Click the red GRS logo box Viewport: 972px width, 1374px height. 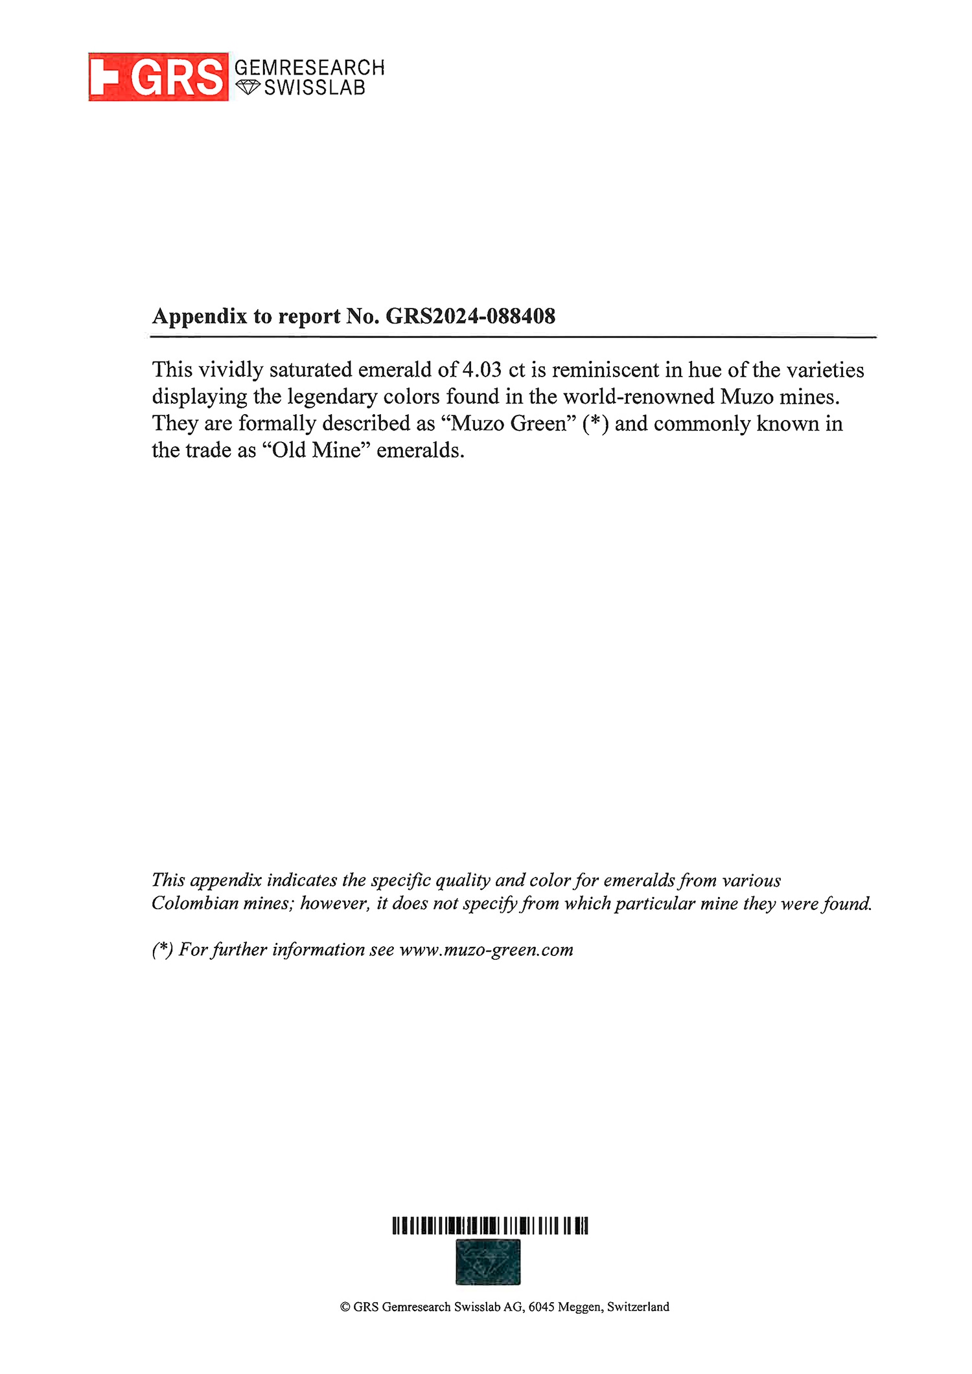tap(158, 77)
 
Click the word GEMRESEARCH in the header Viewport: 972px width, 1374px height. tap(309, 67)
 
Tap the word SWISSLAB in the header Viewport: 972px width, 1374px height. tap(315, 87)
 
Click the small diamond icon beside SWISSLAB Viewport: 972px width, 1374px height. tap(248, 87)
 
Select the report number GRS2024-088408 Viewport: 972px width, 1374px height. tap(470, 316)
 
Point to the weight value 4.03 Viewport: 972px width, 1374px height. tap(482, 370)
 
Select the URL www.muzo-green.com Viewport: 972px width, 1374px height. tap(486, 950)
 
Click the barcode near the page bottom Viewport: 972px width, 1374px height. tap(490, 1226)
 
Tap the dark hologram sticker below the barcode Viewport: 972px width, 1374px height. tap(488, 1262)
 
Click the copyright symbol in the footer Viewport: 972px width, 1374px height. tap(345, 1307)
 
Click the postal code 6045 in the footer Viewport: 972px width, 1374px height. tap(540, 1307)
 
